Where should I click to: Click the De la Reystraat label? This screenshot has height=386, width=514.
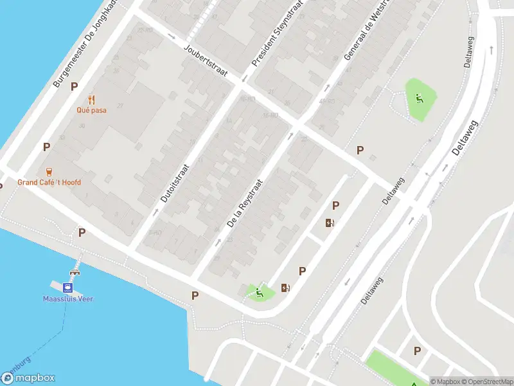point(245,203)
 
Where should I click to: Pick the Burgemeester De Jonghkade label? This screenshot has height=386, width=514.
point(85,44)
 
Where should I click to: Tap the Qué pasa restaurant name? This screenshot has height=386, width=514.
point(91,110)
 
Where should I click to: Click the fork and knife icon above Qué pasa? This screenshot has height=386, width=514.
point(91,99)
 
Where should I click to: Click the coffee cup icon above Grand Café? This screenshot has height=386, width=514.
point(49,171)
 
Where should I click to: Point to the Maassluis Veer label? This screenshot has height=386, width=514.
point(68,299)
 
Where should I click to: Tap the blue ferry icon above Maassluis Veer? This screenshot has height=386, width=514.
point(67,287)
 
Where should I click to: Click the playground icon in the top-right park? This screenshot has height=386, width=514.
point(420,98)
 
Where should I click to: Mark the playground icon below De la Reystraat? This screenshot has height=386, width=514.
point(260,293)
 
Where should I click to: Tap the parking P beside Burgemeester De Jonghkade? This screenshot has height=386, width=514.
point(74,86)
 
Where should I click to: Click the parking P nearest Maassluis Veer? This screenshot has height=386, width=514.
point(82,232)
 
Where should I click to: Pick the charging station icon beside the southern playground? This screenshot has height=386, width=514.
point(285,288)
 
